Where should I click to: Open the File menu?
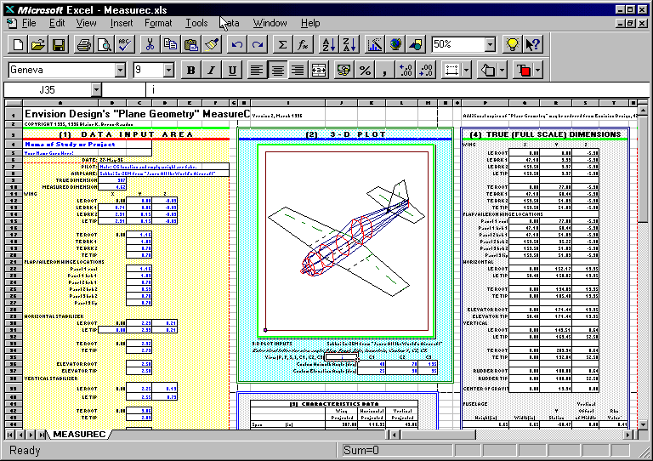coord(28,23)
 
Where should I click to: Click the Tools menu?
coord(196,23)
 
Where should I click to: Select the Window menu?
coord(270,23)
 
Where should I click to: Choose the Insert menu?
coord(122,23)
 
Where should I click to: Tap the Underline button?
coord(232,70)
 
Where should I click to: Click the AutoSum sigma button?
coord(281,44)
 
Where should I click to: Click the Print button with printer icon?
coord(83,44)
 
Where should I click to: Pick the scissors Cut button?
coord(150,44)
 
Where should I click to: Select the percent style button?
coord(365,70)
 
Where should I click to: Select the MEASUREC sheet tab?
coord(79,435)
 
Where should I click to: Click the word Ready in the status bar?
coord(25,450)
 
